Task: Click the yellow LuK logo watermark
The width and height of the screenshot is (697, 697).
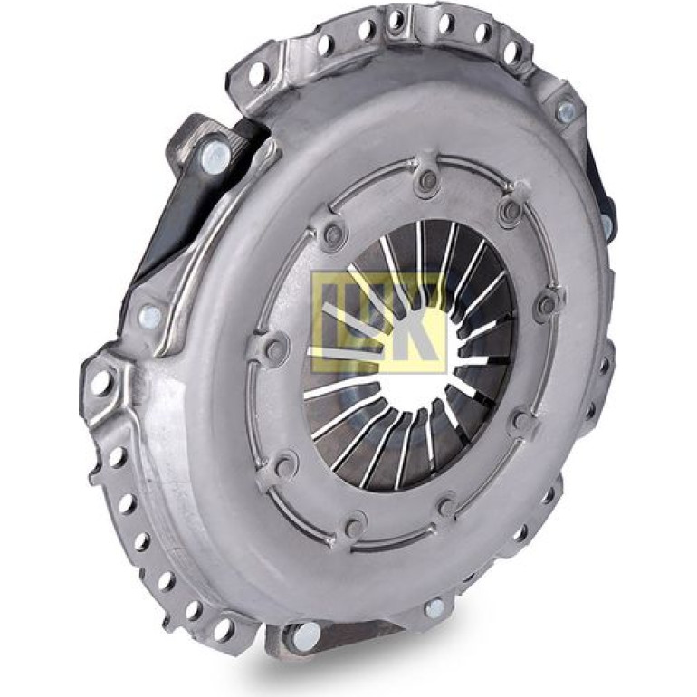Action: (378, 322)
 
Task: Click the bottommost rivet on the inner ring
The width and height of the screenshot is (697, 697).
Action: (354, 525)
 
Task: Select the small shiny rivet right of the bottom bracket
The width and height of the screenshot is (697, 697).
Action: (434, 608)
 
